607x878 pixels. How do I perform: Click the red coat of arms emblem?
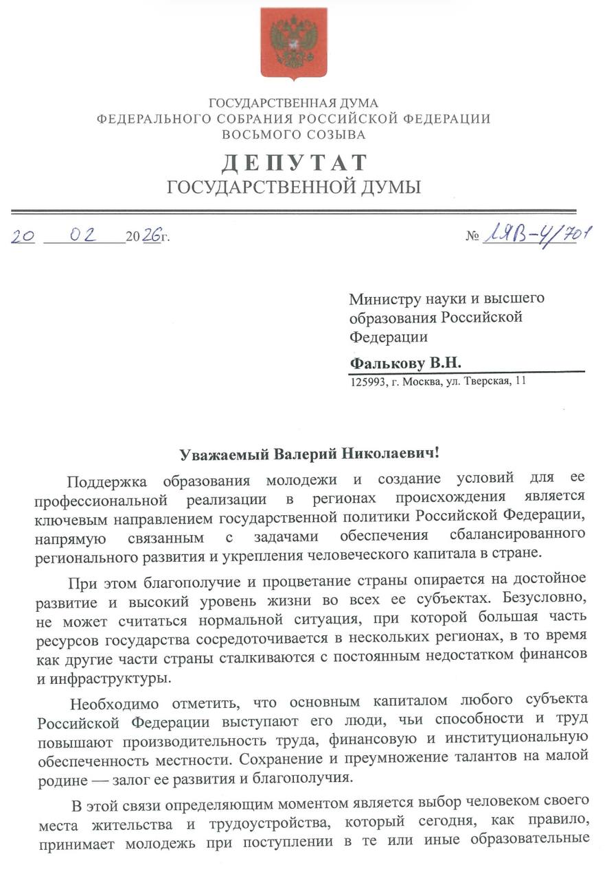[293, 43]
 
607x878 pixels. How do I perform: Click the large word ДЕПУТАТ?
[293, 163]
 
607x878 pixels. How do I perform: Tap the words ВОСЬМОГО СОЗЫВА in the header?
[293, 134]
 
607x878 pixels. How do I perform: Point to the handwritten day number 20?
[23, 236]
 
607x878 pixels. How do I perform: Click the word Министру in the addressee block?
[382, 298]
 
